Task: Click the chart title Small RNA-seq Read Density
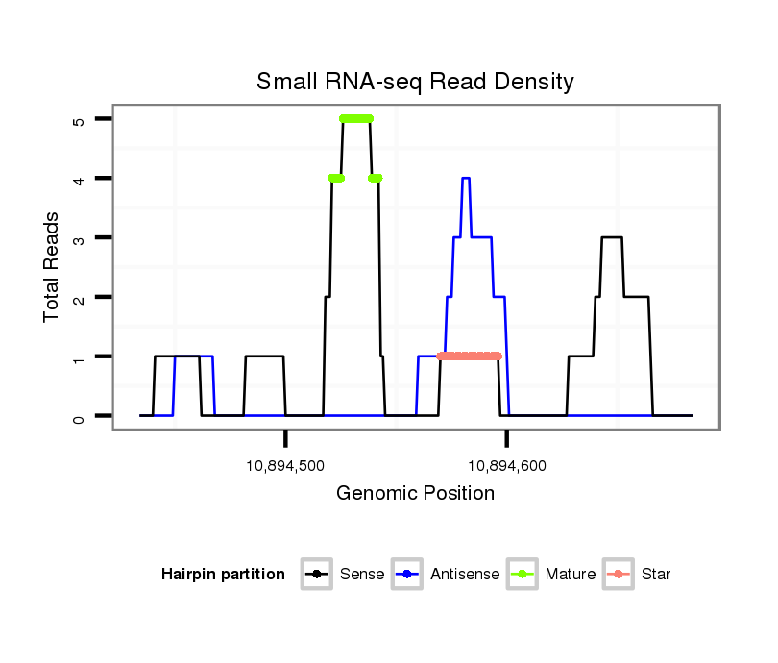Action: pos(415,82)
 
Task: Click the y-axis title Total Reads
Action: pos(53,268)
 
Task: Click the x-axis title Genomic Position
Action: pos(415,493)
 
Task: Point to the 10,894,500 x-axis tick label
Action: pos(286,465)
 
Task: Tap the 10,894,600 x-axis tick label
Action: pos(506,465)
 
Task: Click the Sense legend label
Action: pos(362,575)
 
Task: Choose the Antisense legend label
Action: pos(464,575)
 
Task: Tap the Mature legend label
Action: pos(570,575)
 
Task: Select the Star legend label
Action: pos(655,575)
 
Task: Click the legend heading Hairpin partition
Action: pos(223,575)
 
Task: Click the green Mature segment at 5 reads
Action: pos(356,118)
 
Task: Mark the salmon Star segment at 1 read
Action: pos(469,356)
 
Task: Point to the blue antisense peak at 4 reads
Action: pos(466,178)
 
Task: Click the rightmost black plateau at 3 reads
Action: pos(612,237)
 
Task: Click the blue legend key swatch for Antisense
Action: pos(407,575)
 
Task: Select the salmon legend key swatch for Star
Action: pos(619,575)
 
